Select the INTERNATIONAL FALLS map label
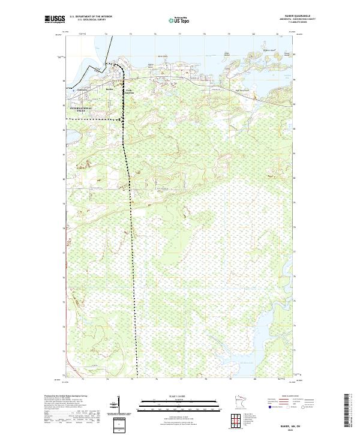tap(82, 109)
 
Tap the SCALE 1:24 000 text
tap(179, 395)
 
